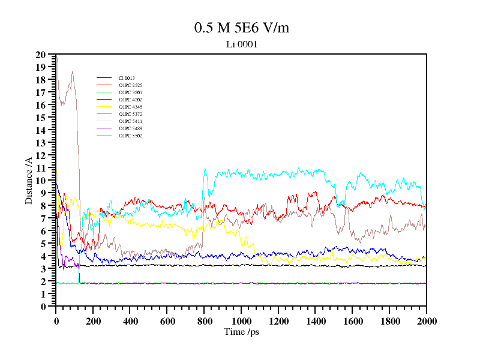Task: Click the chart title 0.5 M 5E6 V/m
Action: point(241,28)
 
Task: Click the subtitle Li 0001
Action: point(241,44)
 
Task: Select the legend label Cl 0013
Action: point(127,78)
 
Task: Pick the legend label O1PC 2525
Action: point(130,85)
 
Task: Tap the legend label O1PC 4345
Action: point(130,107)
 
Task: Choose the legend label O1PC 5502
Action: point(130,136)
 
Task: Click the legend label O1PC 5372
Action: point(130,114)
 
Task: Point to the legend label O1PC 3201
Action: point(130,92)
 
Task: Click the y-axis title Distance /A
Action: point(28,181)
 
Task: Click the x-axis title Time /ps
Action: point(241,332)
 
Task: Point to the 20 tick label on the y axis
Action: point(41,55)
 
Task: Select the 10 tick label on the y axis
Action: point(41,181)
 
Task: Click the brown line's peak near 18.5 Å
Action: point(73,72)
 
